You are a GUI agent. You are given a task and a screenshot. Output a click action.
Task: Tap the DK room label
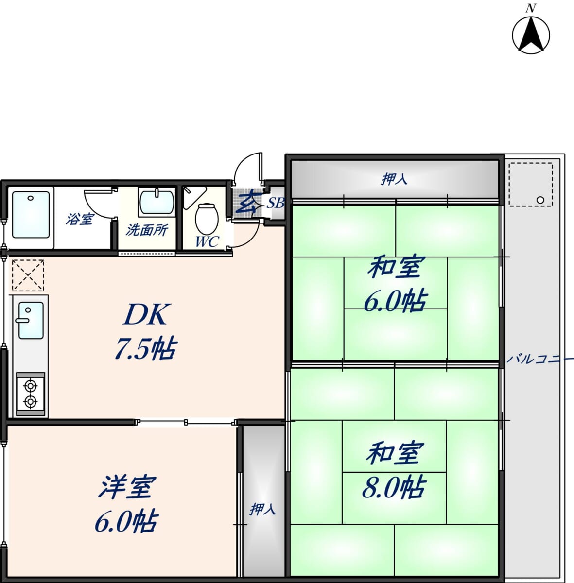pos(145,314)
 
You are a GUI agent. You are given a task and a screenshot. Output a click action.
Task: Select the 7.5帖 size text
pos(146,349)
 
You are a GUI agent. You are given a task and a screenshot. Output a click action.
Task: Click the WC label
pos(207,241)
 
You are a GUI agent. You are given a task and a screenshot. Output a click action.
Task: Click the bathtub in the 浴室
pos(31,215)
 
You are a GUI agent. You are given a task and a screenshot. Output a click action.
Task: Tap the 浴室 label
pos(79,219)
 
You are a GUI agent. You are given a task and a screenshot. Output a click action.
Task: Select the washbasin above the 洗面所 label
pos(157,202)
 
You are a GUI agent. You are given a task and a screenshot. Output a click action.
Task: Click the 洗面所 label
pos(146,230)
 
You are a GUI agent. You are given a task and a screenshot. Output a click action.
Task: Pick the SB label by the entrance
pos(276,203)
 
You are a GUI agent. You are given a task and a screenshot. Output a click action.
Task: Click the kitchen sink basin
pos(31,320)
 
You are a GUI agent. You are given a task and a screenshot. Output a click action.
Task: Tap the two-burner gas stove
pos(31,394)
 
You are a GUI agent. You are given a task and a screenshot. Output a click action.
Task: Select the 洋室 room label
pos(127,487)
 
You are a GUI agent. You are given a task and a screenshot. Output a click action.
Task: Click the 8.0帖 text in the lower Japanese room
pos(394,487)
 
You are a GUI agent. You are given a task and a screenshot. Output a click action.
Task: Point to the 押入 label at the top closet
pos(394,179)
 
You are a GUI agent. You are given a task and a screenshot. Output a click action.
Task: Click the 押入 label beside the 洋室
pos(262,509)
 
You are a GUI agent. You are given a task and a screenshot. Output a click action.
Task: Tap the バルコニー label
pos(540,359)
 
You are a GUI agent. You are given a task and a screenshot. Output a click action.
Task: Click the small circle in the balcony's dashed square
pos(540,200)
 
